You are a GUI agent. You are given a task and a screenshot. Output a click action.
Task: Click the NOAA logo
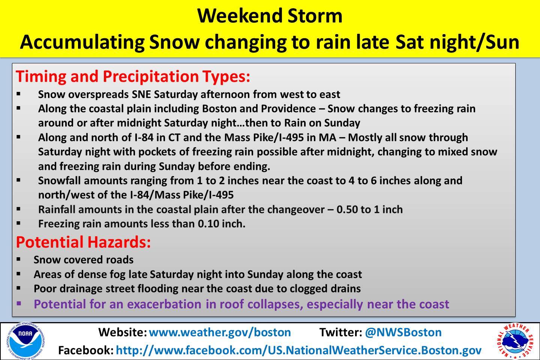[25, 341]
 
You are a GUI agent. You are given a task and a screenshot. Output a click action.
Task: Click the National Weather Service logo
[515, 341]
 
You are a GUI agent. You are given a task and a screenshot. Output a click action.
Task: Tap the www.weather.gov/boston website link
[220, 332]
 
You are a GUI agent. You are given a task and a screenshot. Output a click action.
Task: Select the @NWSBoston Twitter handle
[403, 332]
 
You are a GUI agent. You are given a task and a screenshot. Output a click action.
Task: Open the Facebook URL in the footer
[298, 350]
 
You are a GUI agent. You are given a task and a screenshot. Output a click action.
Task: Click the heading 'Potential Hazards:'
[83, 242]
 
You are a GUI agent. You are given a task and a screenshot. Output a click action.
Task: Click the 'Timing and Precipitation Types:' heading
[133, 76]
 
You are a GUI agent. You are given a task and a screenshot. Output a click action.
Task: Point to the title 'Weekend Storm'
[270, 16]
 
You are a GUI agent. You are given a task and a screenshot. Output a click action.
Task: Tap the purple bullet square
[19, 303]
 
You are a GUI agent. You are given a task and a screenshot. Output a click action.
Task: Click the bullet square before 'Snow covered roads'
[19, 259]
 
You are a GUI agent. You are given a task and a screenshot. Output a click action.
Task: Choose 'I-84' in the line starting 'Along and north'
[143, 138]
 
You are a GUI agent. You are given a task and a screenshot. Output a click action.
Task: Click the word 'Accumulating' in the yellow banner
[82, 42]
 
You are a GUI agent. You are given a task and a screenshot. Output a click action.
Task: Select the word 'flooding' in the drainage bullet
[154, 289]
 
